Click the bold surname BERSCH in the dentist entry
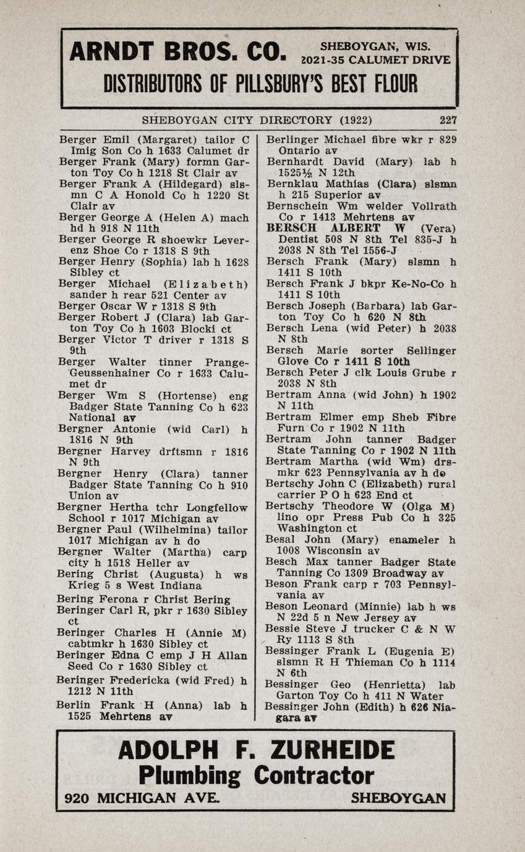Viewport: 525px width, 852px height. (289, 228)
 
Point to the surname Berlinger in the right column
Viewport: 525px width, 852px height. (292, 140)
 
